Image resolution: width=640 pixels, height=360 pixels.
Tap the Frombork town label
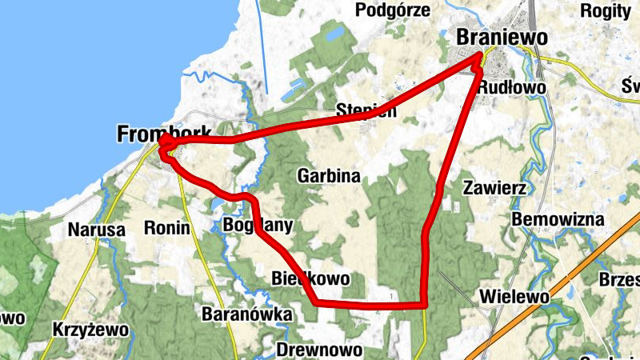(164, 134)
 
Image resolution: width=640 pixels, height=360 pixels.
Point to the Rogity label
(606, 10)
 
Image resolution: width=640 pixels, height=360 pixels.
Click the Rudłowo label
(511, 87)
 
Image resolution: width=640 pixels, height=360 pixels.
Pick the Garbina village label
(328, 175)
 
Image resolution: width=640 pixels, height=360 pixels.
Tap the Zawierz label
(494, 188)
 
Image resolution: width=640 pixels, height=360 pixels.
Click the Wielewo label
(514, 297)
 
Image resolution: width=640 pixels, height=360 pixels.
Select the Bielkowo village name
(310, 279)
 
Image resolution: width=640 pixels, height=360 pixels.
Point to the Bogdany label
(258, 225)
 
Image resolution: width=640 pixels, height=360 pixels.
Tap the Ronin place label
(166, 228)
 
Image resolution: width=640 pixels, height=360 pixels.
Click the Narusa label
(97, 230)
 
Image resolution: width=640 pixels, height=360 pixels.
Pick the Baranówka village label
(246, 314)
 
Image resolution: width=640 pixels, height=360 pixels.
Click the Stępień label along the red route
(366, 111)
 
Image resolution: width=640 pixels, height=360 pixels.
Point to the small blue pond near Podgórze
(333, 34)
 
